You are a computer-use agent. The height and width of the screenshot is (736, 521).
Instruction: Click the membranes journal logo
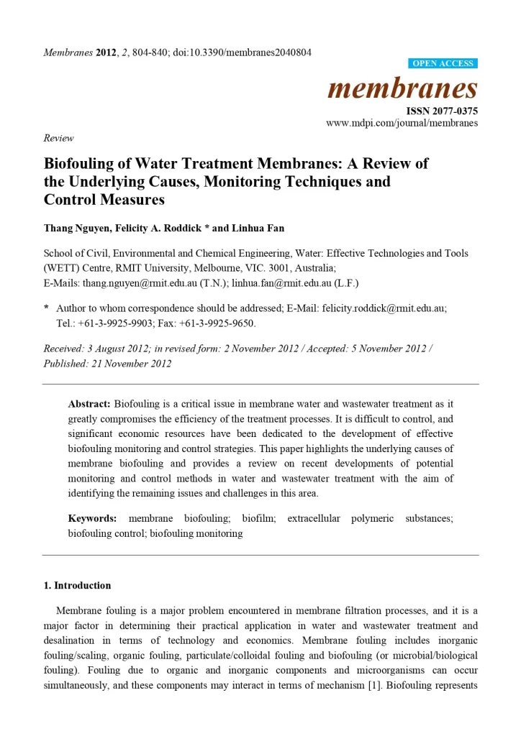point(402,88)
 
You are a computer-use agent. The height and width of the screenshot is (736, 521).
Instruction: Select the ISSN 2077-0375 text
point(442,111)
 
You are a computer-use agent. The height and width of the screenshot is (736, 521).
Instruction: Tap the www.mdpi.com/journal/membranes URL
point(402,123)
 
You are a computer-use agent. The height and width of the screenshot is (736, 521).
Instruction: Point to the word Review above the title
point(58,138)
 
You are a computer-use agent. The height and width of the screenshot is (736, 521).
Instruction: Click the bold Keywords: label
point(92,518)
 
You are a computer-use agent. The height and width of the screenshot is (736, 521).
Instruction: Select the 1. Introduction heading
point(78,585)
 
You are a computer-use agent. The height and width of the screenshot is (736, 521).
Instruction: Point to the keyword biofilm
point(256,518)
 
